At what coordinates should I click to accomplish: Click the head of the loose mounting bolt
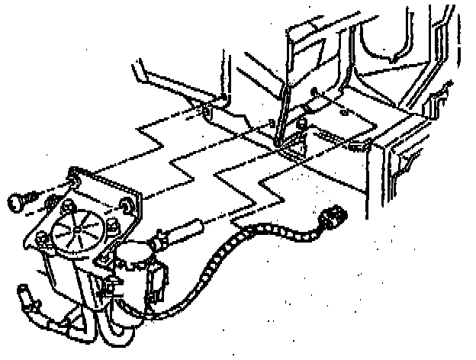point(17,201)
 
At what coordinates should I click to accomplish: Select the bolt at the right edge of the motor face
point(111,226)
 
